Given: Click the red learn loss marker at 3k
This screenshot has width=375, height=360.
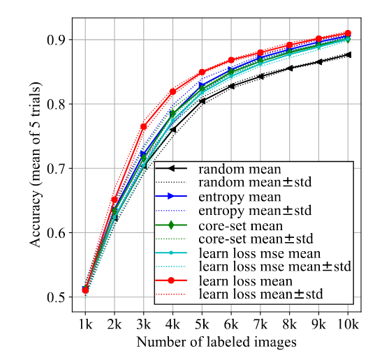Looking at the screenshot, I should pos(144,126).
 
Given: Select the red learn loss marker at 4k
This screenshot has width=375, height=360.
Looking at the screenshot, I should pos(173,91).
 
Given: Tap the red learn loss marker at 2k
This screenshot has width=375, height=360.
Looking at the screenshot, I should pos(115,200).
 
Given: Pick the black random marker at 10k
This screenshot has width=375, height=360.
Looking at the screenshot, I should pos(348,54).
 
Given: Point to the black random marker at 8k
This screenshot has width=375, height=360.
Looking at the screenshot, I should pos(289,68).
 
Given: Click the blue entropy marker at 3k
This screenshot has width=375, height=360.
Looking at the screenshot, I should pos(144,153).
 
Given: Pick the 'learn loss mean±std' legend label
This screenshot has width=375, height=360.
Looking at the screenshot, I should pos(261,295).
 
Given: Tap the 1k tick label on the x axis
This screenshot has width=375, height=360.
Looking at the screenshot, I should pos(85,324).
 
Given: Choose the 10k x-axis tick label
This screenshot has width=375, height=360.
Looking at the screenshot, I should pos(348,324).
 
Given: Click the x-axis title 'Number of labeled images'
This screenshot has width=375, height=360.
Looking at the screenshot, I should pos(216,343).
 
